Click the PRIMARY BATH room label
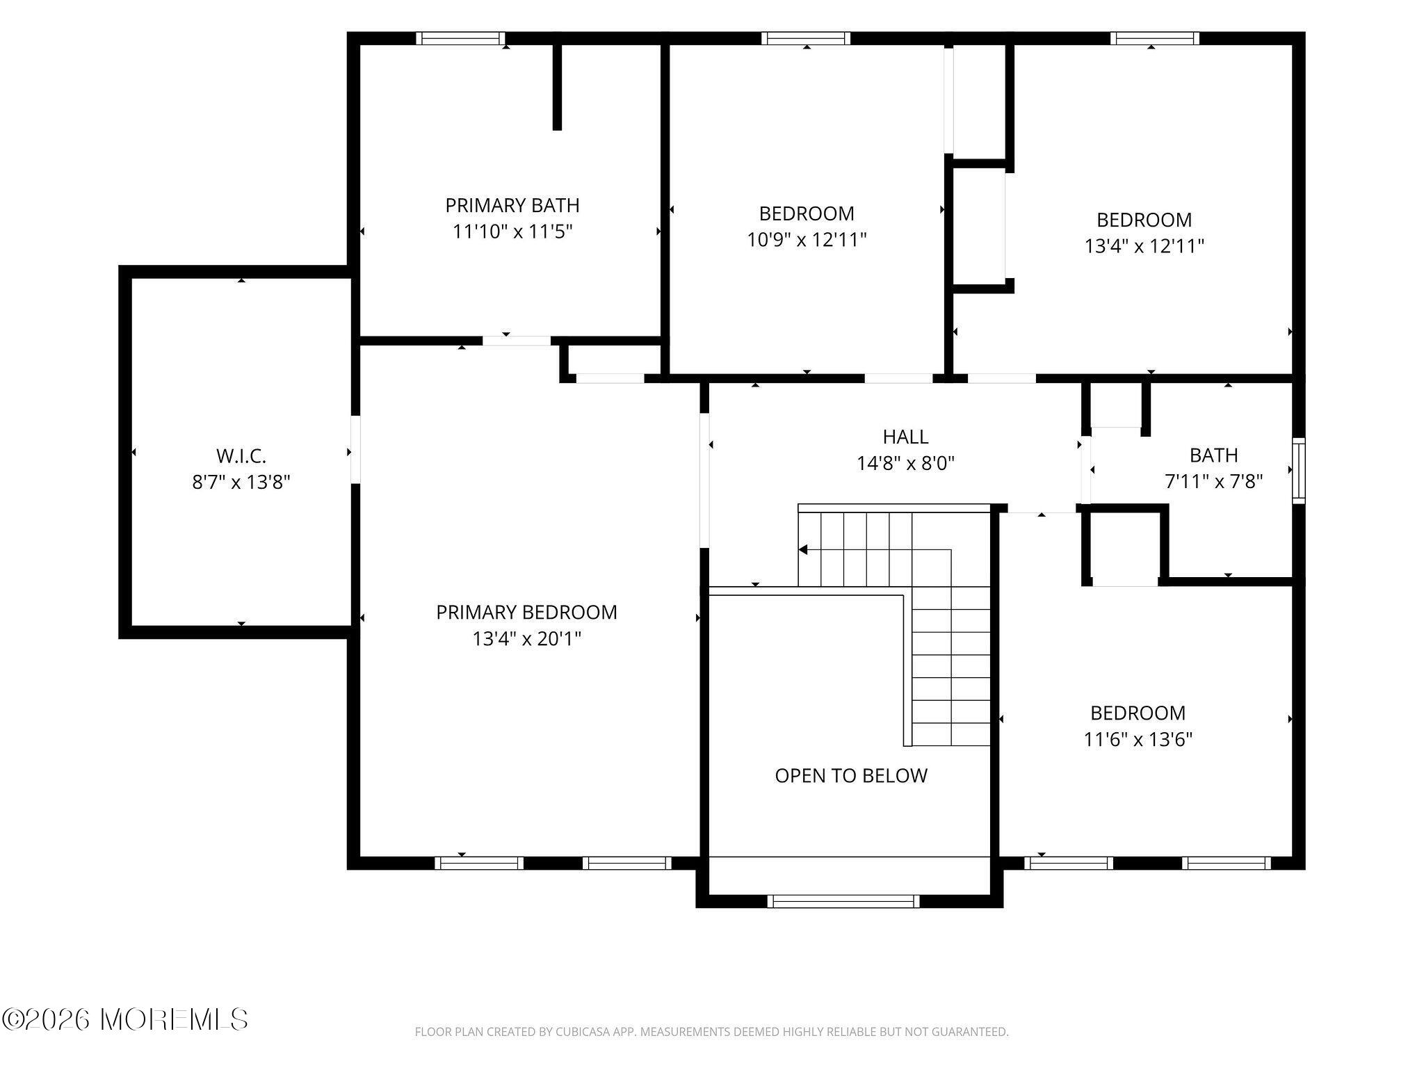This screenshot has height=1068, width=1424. click(512, 205)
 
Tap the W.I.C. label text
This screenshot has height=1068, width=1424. click(241, 456)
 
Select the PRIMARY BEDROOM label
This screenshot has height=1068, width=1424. click(526, 612)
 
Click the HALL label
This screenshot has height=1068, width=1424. click(905, 437)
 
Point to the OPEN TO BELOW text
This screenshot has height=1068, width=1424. click(851, 775)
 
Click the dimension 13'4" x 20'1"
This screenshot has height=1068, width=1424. click(526, 638)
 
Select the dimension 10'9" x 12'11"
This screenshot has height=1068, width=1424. click(807, 240)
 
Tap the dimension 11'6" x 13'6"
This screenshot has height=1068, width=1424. click(1138, 739)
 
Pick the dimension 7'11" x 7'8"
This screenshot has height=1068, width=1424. click(1213, 481)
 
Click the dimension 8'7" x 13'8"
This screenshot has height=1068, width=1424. click(241, 482)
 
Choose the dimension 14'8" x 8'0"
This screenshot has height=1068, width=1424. click(905, 463)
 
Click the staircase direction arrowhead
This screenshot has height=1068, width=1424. click(803, 550)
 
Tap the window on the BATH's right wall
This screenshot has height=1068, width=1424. click(1298, 470)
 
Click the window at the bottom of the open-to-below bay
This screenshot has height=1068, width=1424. click(843, 901)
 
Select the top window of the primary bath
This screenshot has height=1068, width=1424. click(460, 38)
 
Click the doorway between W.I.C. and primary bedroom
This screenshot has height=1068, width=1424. click(355, 449)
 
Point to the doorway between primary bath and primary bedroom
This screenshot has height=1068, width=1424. click(516, 341)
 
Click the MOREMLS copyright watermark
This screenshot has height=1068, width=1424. click(125, 1019)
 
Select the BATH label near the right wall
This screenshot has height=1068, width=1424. click(1213, 455)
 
